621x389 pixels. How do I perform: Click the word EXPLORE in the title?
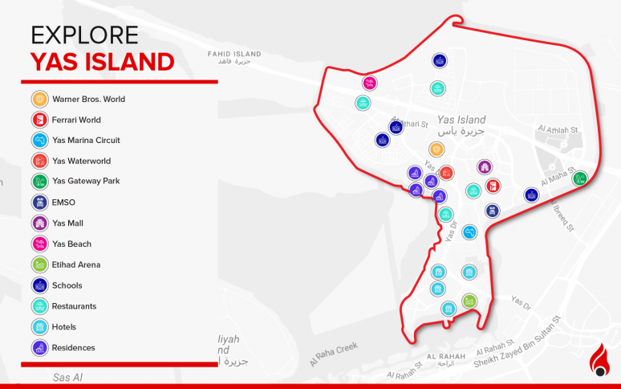click(84, 35)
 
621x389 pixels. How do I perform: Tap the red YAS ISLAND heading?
click(102, 62)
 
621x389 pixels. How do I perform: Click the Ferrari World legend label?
click(77, 121)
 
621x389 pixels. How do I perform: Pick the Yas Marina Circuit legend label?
click(87, 141)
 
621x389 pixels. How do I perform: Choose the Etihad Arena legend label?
click(77, 264)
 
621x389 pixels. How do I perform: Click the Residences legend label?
click(74, 348)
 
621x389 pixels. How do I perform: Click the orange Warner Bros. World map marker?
click(436, 149)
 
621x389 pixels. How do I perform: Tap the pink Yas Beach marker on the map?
click(369, 83)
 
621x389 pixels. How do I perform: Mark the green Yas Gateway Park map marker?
click(579, 178)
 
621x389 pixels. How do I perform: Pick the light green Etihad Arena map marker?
click(469, 301)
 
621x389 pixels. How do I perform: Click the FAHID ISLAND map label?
click(230, 54)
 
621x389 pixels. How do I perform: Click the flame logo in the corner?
click(599, 360)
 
